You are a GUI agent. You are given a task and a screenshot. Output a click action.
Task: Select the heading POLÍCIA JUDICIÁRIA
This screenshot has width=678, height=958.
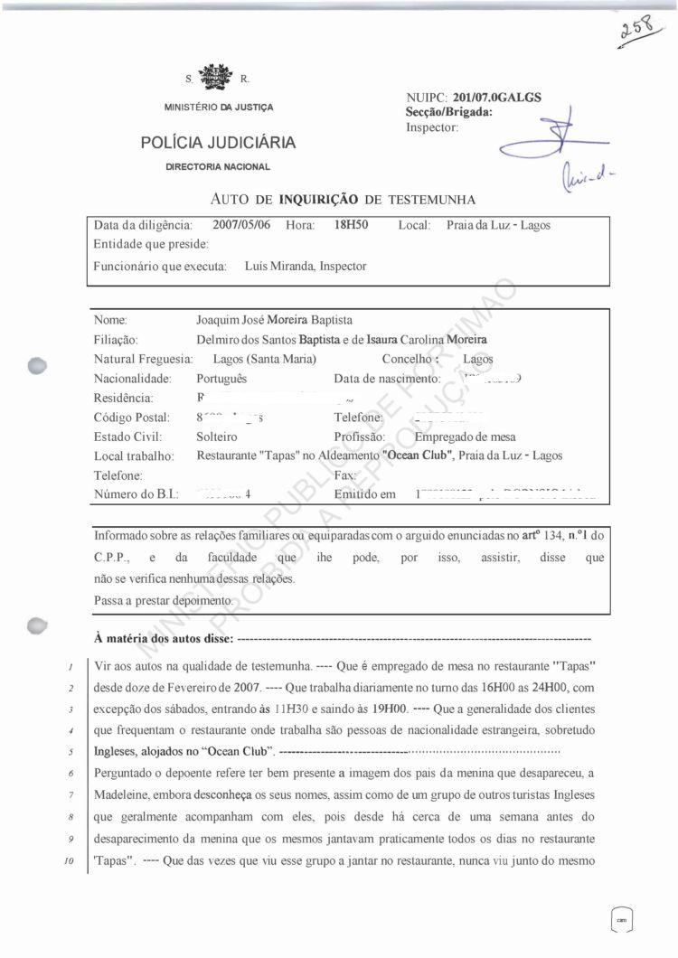(218, 143)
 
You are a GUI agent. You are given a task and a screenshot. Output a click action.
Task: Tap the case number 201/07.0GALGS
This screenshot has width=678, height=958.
(497, 98)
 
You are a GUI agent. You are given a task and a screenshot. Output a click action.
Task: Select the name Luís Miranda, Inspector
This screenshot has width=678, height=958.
(306, 267)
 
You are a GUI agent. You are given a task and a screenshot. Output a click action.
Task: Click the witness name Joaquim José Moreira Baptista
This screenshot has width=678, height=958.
(274, 320)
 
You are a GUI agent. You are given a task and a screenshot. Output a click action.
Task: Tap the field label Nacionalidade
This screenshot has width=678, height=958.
(133, 379)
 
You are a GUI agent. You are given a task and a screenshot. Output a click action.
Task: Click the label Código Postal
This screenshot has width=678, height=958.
(132, 418)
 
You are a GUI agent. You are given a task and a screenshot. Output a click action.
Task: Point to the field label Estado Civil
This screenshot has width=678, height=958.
(127, 437)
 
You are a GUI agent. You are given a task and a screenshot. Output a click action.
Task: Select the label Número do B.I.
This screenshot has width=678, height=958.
(137, 494)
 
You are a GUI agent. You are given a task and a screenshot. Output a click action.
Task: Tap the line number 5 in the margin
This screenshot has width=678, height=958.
(69, 752)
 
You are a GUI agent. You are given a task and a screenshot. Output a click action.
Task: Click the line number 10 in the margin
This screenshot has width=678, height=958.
(69, 861)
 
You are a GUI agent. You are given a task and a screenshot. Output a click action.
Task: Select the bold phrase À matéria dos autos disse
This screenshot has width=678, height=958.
(164, 640)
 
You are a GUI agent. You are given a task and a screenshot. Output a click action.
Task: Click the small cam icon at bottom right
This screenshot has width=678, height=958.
(621, 918)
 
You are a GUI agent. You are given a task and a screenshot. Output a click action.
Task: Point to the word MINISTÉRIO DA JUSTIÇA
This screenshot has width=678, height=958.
(218, 108)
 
